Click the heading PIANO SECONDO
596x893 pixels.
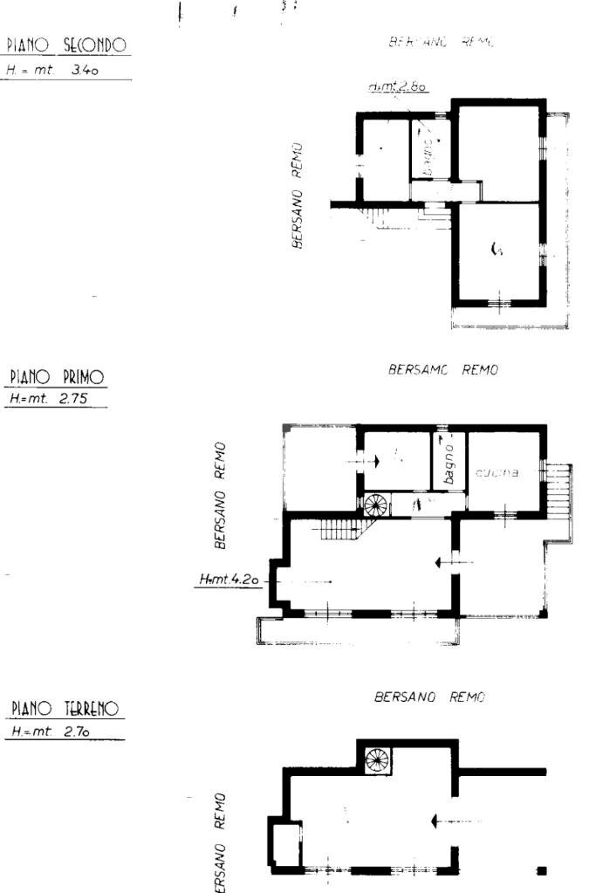point(67,45)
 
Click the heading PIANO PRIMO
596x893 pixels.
point(57,377)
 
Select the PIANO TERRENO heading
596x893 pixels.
point(64,708)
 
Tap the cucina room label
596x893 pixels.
point(497,473)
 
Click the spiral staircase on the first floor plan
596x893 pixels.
point(375,505)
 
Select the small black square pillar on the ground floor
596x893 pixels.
point(542,869)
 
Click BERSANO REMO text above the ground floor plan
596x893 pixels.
point(429,697)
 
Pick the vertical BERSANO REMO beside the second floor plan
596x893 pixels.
point(298,196)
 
